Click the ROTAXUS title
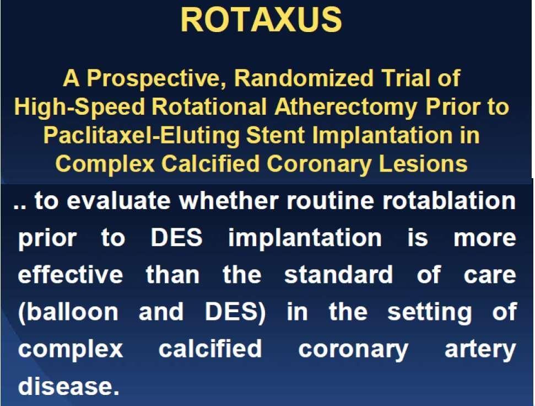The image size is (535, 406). point(261,20)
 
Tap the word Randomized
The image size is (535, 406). point(304,78)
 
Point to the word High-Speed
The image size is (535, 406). point(80,108)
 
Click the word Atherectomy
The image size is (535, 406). point(346,108)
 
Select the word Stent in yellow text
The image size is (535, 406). point(275,136)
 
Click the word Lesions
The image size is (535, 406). point(423,164)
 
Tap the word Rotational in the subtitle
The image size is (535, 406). point(209,107)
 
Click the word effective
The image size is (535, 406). point(71,275)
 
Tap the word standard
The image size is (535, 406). point(338,275)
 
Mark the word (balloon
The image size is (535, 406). point(68,312)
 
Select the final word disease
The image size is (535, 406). point(69,386)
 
